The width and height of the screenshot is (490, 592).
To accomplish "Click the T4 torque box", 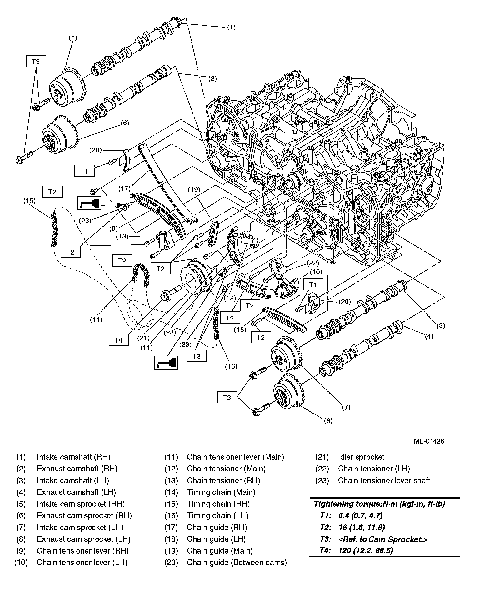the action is pos(118,340).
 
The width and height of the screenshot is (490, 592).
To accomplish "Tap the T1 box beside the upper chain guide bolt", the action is pos(84,171).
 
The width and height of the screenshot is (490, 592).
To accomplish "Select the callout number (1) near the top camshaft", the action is pos(231,27).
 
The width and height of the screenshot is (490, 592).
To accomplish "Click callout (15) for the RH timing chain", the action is pos(29,201).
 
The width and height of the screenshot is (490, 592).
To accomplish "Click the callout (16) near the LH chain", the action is pos(231,366).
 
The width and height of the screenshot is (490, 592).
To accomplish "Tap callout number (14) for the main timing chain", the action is pos(96,319).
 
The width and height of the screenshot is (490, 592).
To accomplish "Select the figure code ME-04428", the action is pos(429,441).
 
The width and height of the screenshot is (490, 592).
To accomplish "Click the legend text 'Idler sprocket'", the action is pos(361,457).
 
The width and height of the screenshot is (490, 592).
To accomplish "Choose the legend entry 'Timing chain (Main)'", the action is pos(221,492).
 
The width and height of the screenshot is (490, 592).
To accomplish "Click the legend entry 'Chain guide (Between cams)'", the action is pos(237,562).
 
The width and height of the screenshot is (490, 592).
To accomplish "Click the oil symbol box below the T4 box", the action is pos(166,363).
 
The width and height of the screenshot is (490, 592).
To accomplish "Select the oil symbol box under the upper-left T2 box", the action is pos(89,203).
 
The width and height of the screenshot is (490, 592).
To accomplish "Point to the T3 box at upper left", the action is pos(36,62).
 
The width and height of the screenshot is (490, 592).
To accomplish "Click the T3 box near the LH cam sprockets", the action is pos(227,398).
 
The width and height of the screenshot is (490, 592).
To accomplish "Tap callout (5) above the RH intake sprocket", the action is pos(72,37).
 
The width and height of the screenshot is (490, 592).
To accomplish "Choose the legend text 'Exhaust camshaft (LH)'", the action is pos(76,492).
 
